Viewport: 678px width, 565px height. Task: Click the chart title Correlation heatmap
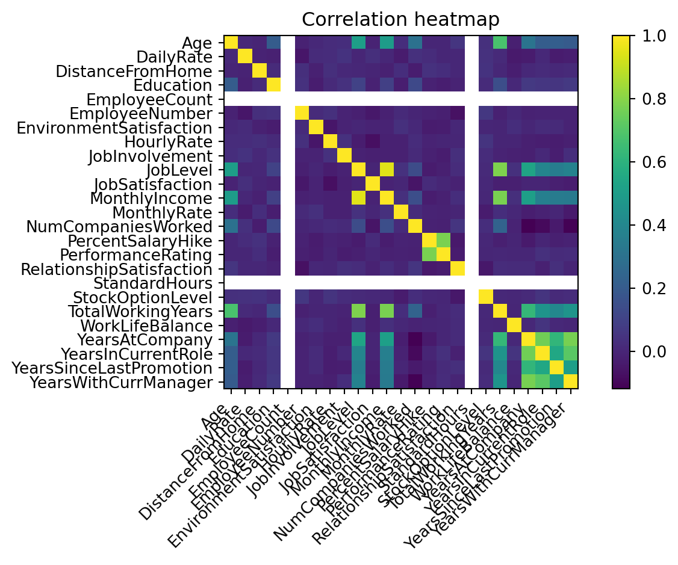pyautogui.click(x=400, y=19)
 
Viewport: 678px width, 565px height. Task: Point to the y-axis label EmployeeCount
pyautogui.click(x=149, y=99)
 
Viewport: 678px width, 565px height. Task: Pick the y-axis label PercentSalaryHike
pyautogui.click(x=140, y=241)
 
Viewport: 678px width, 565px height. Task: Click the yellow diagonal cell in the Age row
pyautogui.click(x=231, y=43)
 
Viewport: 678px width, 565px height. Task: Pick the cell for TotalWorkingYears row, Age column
pyautogui.click(x=231, y=312)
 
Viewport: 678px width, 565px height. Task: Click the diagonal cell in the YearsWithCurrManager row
pyautogui.click(x=570, y=382)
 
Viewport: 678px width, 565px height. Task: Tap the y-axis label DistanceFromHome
pyautogui.click(x=133, y=71)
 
